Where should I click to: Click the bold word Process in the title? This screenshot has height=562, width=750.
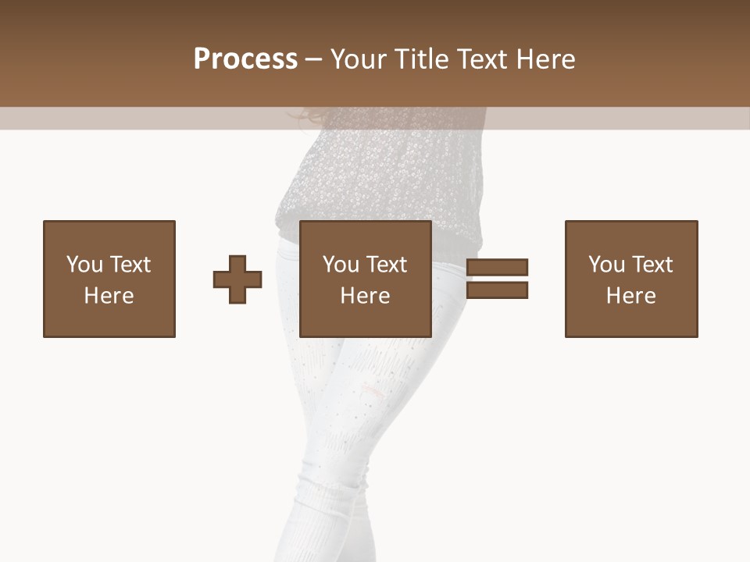[245, 59]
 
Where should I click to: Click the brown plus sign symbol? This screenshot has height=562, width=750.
[237, 279]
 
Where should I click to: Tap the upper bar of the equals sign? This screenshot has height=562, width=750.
[498, 268]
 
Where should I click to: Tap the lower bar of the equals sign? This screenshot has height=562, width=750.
[498, 290]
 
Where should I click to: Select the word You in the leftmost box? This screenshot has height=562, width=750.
[84, 265]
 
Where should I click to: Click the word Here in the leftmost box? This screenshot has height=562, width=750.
[109, 296]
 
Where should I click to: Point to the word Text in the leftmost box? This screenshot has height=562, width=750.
[130, 265]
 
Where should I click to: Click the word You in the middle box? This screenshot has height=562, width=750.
[341, 265]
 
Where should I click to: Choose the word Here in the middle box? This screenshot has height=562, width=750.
[366, 296]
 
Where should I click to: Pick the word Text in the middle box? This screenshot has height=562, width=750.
[386, 265]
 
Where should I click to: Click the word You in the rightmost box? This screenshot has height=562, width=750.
[606, 265]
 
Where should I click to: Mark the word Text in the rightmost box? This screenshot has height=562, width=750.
[652, 265]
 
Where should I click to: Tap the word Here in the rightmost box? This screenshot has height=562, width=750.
[631, 296]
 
